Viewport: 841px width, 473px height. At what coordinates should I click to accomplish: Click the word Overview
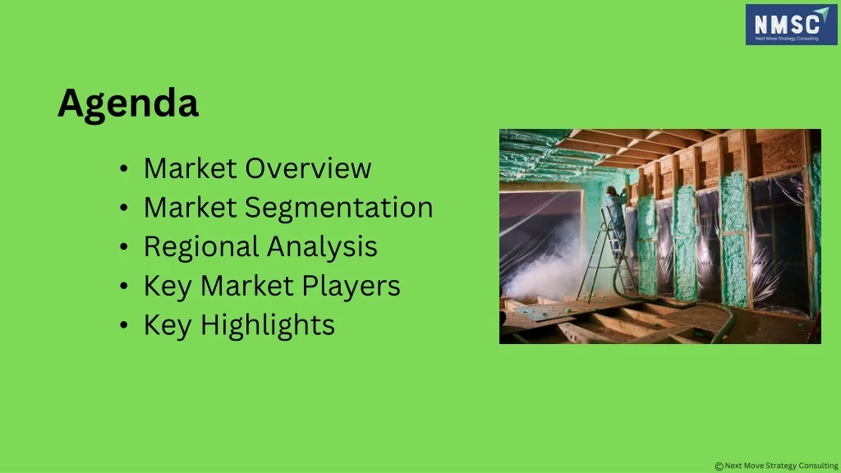click(x=308, y=168)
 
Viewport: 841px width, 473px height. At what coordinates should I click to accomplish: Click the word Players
click(x=351, y=287)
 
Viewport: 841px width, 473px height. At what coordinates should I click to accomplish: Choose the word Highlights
click(x=268, y=326)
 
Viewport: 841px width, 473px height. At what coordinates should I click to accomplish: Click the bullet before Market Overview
click(x=124, y=169)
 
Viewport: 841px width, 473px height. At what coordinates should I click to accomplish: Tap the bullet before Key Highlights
click(x=124, y=325)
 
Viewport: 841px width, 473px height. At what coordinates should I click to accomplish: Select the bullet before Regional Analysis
click(x=124, y=247)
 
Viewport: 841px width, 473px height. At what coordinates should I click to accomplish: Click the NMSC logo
click(x=791, y=25)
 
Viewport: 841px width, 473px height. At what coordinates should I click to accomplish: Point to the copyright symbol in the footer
click(x=719, y=466)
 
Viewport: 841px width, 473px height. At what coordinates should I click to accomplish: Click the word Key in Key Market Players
click(x=168, y=287)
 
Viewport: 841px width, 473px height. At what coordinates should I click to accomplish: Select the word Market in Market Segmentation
click(x=191, y=208)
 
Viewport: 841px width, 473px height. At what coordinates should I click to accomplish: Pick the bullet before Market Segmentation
click(x=124, y=209)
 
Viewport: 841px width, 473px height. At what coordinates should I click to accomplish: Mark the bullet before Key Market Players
click(x=124, y=287)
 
